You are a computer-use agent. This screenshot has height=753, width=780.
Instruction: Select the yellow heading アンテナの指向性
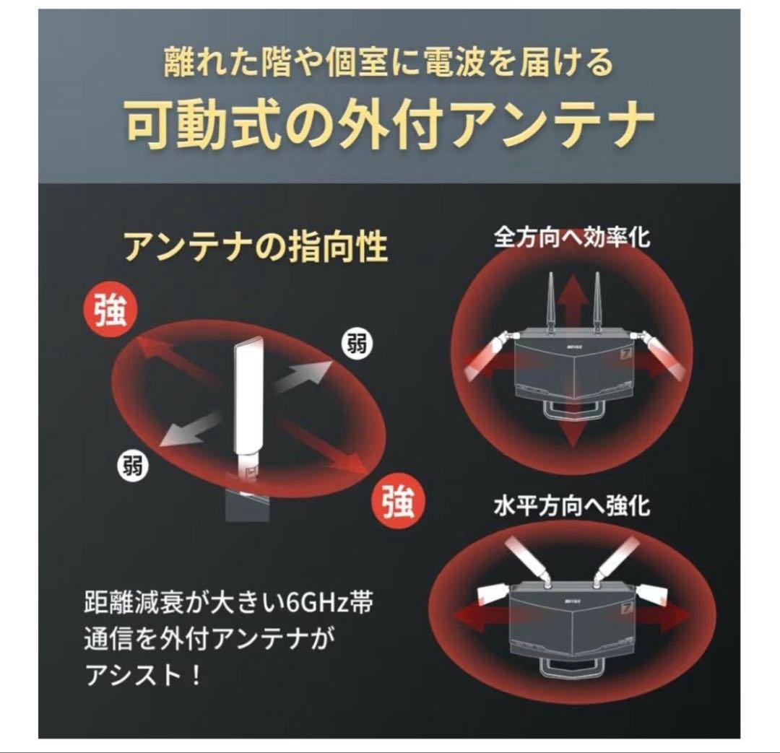[x=256, y=247]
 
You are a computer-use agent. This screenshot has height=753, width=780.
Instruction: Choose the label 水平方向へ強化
[x=571, y=505]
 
